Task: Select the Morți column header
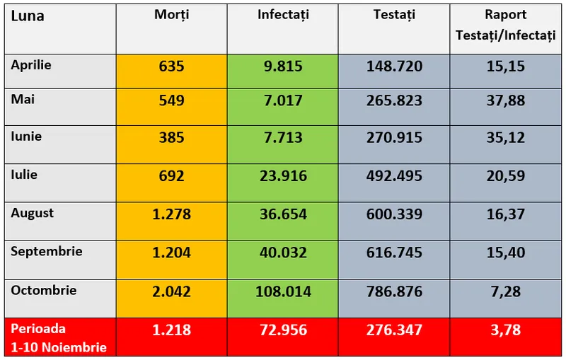[x=171, y=15]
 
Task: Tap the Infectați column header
[x=283, y=15]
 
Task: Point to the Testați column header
[x=394, y=15]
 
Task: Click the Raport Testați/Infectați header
[x=506, y=25]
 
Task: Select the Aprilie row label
[x=31, y=64]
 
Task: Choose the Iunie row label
[x=26, y=137]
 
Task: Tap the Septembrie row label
[x=47, y=251]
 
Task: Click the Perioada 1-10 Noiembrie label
[x=59, y=337]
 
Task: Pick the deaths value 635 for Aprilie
[x=171, y=67]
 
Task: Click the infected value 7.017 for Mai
[x=283, y=100]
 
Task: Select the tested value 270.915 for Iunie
[x=394, y=138]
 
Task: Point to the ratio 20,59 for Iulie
[x=506, y=176]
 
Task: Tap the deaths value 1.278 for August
[x=171, y=214]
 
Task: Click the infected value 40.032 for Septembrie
[x=283, y=252]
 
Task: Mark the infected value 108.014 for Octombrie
[x=283, y=291]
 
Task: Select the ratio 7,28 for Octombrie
[x=506, y=291]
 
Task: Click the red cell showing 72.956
[x=283, y=330]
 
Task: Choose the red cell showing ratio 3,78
[x=506, y=330]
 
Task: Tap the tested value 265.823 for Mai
[x=394, y=100]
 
